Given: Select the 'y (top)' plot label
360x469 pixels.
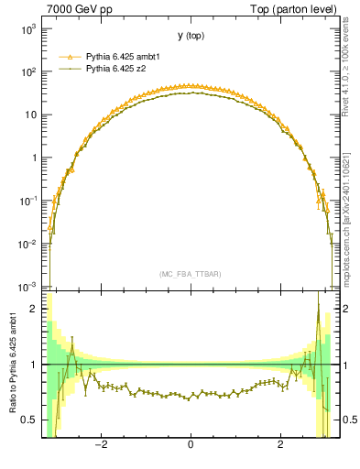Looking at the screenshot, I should point(190,36).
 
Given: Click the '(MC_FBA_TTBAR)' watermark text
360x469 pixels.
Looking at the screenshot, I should point(190,274).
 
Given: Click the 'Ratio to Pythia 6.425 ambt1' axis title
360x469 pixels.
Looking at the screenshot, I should point(12,364).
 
